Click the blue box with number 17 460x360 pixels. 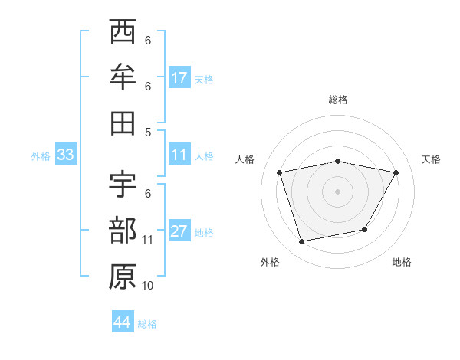(x=179, y=77)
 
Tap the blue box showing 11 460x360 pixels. (x=179, y=155)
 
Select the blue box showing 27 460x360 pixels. (x=179, y=231)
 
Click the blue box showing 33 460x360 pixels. (x=65, y=155)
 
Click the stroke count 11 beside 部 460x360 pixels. (x=149, y=240)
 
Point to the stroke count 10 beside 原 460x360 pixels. (x=149, y=285)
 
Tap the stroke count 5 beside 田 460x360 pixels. (x=148, y=132)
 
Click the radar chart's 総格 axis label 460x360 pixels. (x=337, y=100)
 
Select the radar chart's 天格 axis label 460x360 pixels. (x=432, y=159)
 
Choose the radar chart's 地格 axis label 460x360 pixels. (x=402, y=262)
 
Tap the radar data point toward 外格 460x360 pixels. (x=302, y=241)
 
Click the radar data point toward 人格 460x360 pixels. (x=280, y=172)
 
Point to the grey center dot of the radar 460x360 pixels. (x=337, y=191)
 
